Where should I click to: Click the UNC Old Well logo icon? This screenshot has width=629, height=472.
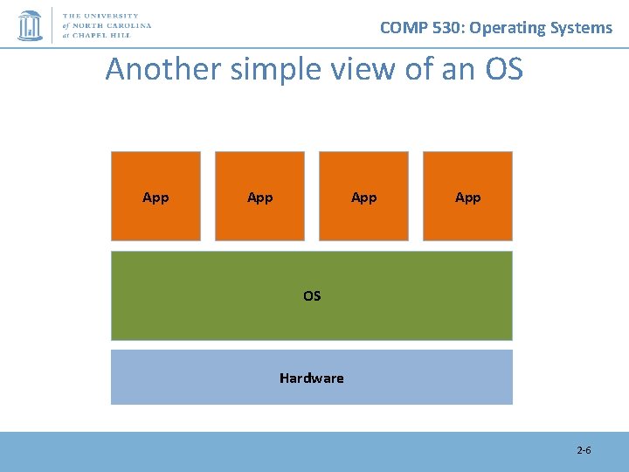click(31, 25)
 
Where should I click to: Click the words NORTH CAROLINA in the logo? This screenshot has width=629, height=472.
click(117, 25)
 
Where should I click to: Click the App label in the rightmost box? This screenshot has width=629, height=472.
click(467, 198)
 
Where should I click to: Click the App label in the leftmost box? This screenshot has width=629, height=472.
click(156, 198)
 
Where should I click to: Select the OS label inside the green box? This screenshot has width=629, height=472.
click(312, 296)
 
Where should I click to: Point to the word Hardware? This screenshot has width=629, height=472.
click(312, 378)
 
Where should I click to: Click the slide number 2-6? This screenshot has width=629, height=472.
click(584, 451)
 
